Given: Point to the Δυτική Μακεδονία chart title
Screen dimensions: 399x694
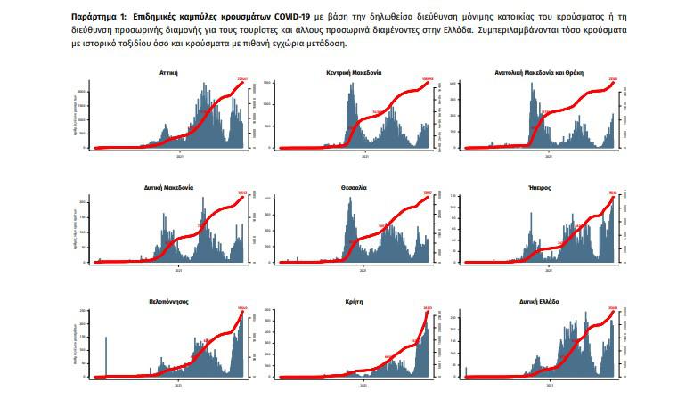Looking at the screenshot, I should click(169, 187).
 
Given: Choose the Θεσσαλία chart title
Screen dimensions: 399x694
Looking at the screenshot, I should click(359, 187).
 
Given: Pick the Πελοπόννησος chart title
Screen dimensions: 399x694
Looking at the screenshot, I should click(169, 302).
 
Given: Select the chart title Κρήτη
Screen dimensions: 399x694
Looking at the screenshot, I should click(359, 302).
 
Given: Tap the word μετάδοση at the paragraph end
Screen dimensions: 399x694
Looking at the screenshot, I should click(324, 42).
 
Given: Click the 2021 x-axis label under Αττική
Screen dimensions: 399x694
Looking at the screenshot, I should click(181, 156).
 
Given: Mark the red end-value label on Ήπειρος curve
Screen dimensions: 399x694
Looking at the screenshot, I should click(613, 194).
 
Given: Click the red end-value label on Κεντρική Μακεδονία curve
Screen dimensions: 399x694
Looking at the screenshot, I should click(428, 79).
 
